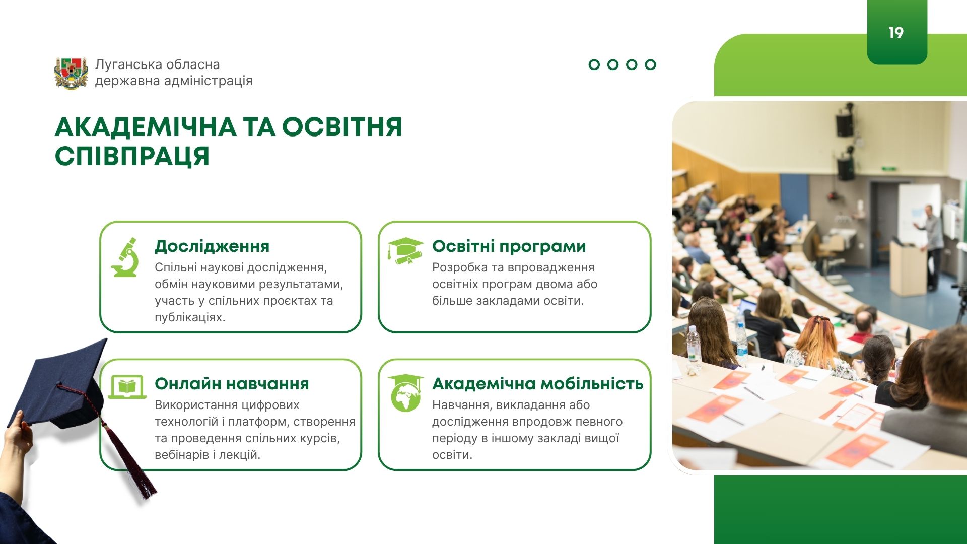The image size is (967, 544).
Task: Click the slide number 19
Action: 896,33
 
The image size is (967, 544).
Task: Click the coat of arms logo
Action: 71,73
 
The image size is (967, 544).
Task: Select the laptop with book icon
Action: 127,387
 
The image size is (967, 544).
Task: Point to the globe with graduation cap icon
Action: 405,393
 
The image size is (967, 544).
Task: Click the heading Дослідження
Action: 212,246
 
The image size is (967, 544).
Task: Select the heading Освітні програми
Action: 509,246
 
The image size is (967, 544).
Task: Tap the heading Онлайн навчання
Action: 232,384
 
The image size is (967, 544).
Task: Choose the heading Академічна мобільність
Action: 538,384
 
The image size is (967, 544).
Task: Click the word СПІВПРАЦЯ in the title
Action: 132,156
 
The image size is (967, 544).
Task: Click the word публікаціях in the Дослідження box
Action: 189,318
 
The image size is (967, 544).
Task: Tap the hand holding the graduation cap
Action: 19,431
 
